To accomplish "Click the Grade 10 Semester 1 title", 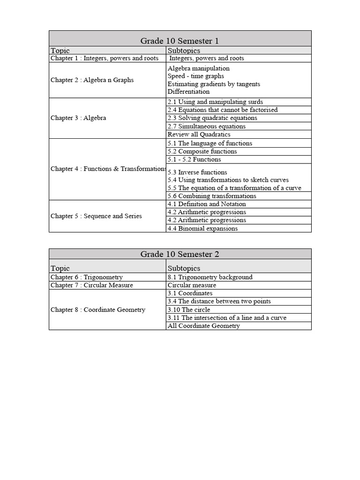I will [180, 41].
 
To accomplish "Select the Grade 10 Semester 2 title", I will [180, 254].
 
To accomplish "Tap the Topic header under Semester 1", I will [60, 51].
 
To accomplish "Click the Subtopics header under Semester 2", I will [184, 269].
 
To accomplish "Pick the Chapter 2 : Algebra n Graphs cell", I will [92, 80].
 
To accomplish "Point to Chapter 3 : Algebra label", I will [78, 118].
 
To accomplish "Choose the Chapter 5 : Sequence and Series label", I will [96, 216].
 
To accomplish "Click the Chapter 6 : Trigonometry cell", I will [87, 277].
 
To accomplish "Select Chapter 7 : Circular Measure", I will [92, 285].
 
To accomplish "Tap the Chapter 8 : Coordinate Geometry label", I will [98, 310].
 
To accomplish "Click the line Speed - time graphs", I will [195, 76].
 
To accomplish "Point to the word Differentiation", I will [188, 92].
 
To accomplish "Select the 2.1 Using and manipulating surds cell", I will [215, 102].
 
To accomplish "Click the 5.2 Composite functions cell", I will [202, 151].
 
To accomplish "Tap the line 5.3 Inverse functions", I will [197, 172].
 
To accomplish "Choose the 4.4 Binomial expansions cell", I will [202, 228].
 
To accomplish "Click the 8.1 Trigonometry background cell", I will [210, 277].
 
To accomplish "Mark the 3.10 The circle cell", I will [189, 310].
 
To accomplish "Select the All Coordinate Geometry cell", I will [203, 326].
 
